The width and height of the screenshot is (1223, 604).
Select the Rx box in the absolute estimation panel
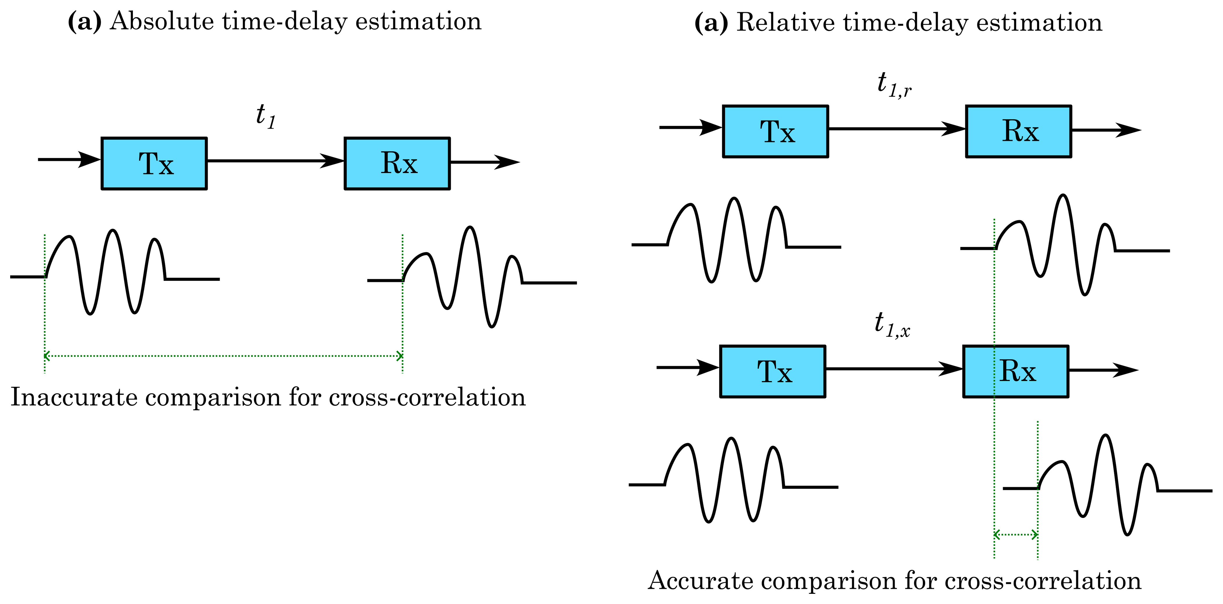pyautogui.click(x=397, y=163)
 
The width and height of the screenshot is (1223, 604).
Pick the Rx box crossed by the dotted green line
pyautogui.click(x=1016, y=371)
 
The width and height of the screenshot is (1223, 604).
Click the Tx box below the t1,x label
pyautogui.click(x=772, y=371)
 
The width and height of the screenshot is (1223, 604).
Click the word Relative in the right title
pyautogui.click(x=785, y=23)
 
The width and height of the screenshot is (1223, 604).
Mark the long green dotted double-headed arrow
pyautogui.click(x=223, y=356)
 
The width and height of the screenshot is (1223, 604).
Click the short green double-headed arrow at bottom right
pyautogui.click(x=1016, y=535)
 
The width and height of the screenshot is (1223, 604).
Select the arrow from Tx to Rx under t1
pyautogui.click(x=275, y=161)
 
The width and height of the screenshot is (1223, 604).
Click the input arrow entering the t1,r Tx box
pyautogui.click(x=691, y=127)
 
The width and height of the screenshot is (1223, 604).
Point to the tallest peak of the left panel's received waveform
pyautogui.click(x=470, y=228)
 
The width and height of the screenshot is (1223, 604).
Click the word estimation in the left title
pyautogui.click(x=418, y=22)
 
